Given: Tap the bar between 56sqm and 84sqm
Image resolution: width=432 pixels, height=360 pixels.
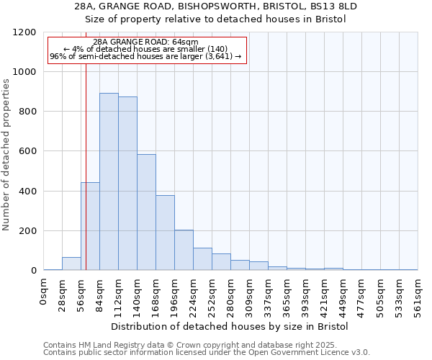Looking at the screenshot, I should (90, 226).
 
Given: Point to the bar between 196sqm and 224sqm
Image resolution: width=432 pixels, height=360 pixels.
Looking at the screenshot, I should (184, 250).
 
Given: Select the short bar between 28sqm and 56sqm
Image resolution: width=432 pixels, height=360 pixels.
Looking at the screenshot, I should (71, 264).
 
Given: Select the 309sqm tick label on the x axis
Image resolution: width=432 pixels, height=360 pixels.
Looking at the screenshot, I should (249, 293).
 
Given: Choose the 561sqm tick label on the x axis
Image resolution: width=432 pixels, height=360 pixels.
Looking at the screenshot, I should (418, 293).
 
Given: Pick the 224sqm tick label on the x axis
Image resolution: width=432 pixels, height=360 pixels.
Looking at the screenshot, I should (193, 293).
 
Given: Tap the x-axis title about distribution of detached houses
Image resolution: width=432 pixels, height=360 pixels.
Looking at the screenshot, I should (230, 326).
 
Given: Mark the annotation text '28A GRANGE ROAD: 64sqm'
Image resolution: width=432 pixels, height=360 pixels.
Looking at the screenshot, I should (146, 42).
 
